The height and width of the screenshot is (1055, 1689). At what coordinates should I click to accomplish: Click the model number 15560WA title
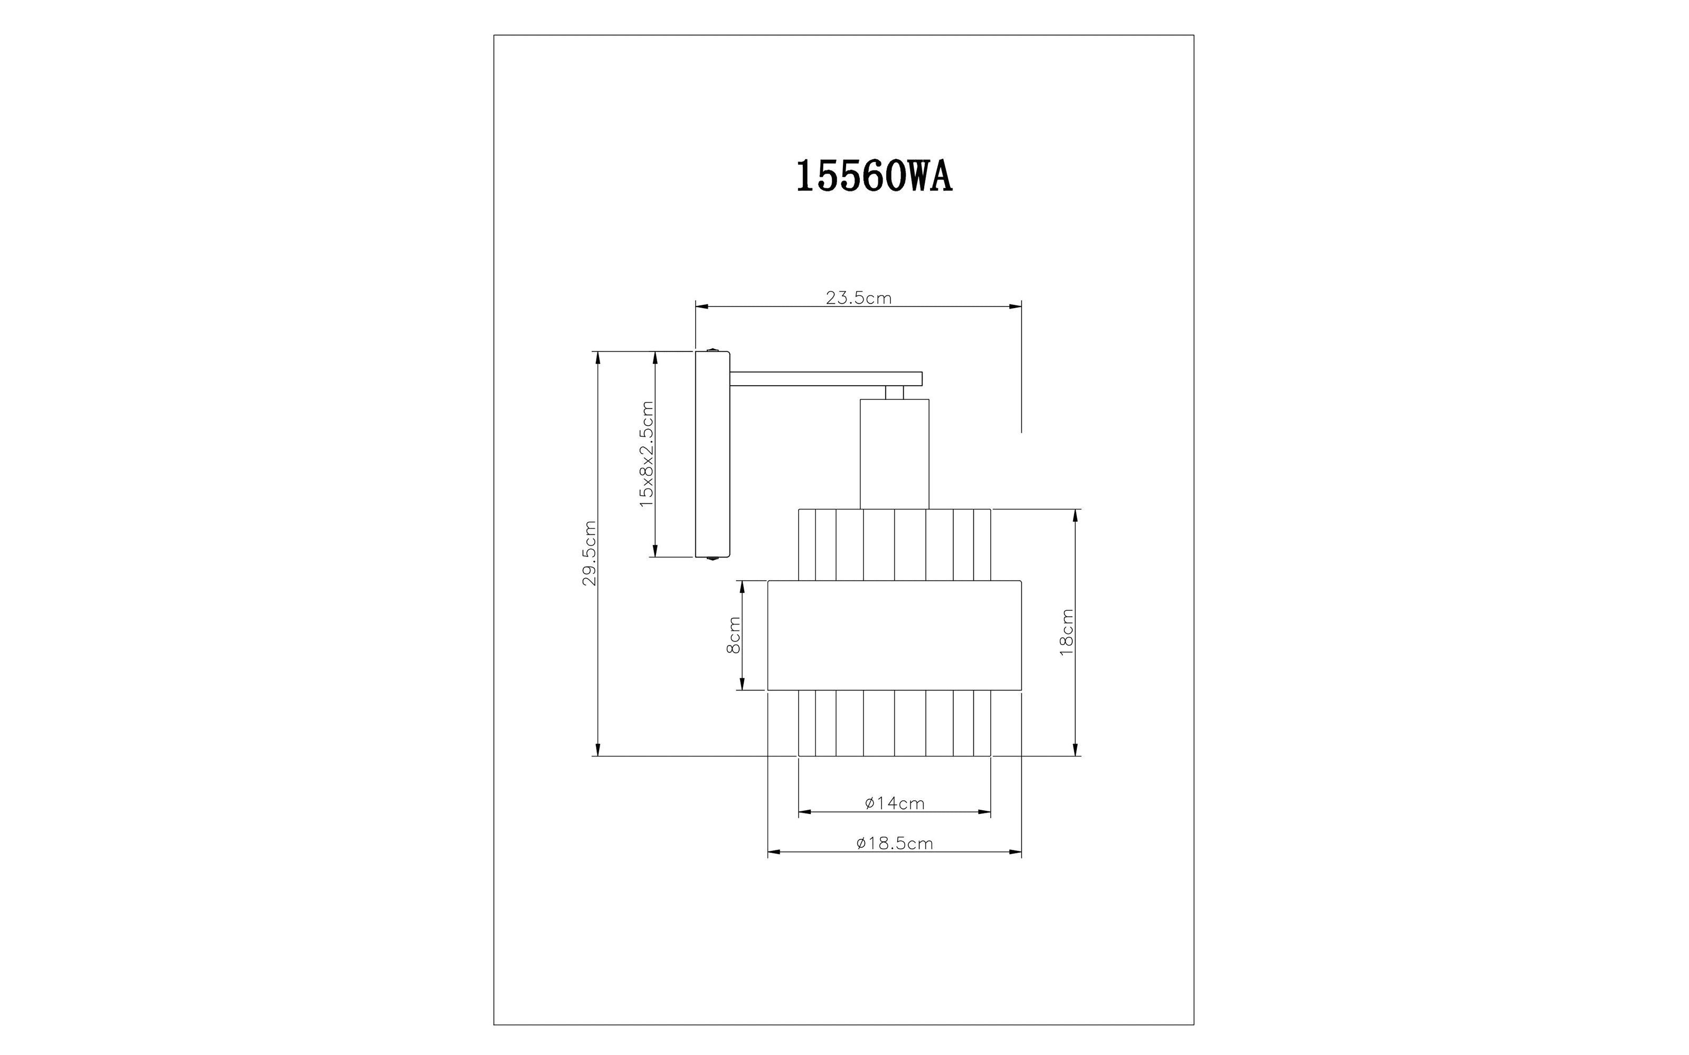(x=874, y=177)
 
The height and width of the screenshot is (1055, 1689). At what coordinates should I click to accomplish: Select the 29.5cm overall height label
(x=590, y=553)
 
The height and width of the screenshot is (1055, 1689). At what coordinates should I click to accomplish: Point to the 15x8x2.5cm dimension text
(x=647, y=454)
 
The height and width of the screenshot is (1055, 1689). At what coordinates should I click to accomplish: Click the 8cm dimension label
(x=734, y=635)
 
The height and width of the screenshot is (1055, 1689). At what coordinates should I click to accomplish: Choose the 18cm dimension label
(x=1066, y=632)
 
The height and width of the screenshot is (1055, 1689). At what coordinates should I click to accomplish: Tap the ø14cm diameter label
(x=895, y=803)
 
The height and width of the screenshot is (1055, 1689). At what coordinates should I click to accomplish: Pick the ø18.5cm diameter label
(x=895, y=843)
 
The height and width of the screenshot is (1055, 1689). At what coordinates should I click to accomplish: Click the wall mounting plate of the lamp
(x=713, y=454)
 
